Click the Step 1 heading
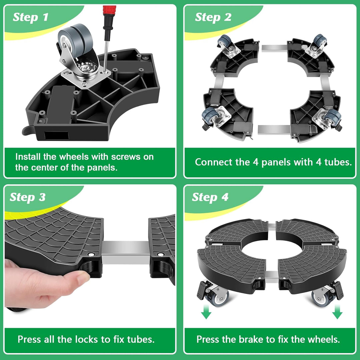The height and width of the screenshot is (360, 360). point(31,17)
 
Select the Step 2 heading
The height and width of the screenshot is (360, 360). point(213,17)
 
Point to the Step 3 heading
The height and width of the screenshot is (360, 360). point(28,197)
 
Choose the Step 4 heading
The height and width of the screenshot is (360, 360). point(210,197)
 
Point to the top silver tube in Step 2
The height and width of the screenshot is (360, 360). point(274,48)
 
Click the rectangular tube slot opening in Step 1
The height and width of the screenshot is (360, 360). point(56,135)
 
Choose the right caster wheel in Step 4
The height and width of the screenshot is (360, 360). point(320,298)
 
